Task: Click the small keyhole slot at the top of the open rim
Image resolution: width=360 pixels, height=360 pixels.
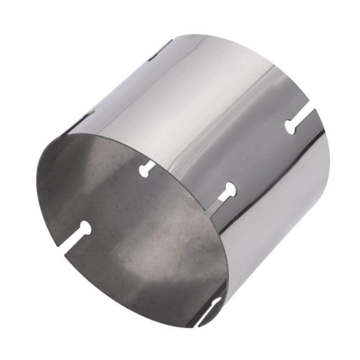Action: pyautogui.click(x=147, y=167)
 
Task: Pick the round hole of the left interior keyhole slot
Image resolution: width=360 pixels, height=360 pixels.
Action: pyautogui.click(x=84, y=229)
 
